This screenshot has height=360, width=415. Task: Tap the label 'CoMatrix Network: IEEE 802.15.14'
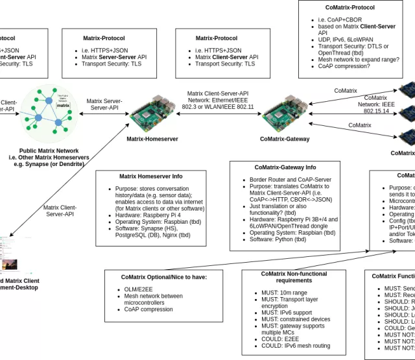point(375,104)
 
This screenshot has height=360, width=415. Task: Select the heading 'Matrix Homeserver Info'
point(150,176)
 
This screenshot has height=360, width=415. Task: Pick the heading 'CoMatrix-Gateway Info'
point(285,167)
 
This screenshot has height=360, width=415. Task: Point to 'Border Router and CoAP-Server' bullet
point(290,180)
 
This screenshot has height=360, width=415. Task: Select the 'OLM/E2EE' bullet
point(139,289)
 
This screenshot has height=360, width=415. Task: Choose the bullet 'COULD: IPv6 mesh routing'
point(292,346)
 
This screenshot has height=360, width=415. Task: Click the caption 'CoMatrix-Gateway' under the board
point(285,138)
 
